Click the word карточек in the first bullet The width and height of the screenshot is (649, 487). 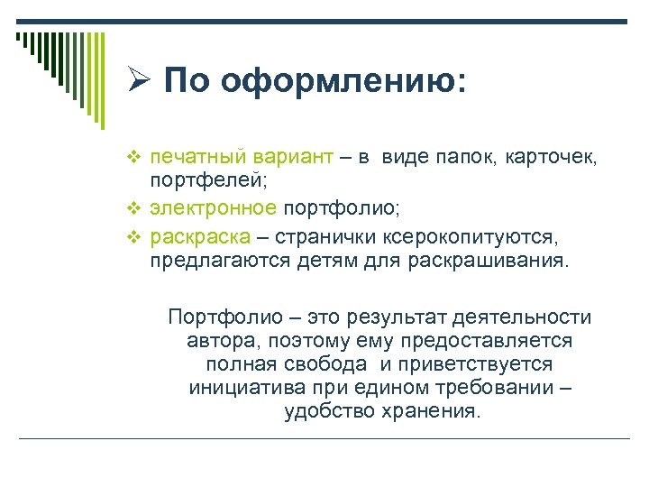558,159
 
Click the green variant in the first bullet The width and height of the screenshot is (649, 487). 284,160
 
